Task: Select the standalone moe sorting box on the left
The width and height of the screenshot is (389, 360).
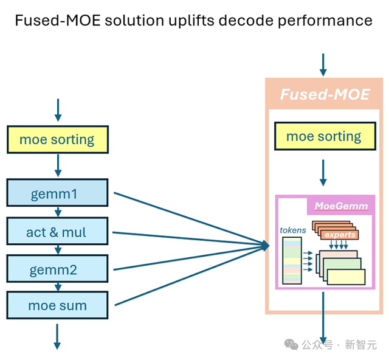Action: [x=57, y=139]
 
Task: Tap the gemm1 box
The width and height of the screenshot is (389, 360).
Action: [x=57, y=193]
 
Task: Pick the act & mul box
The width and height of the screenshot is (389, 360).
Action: [x=57, y=232]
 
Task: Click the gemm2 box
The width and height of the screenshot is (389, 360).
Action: [x=57, y=269]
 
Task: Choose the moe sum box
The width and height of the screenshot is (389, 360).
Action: [x=57, y=306]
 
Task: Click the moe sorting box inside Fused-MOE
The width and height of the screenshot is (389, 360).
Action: [x=323, y=136]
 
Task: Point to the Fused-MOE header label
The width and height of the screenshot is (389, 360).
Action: [x=324, y=94]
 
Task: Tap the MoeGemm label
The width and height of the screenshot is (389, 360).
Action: [x=341, y=206]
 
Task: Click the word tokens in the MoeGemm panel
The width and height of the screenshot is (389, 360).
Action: [x=292, y=230]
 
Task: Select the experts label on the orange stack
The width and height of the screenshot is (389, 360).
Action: [x=339, y=234]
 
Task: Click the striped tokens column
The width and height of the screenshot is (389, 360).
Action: [x=292, y=260]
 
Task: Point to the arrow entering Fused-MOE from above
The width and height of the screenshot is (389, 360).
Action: [x=323, y=64]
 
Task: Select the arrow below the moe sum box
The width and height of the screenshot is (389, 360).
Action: [x=57, y=336]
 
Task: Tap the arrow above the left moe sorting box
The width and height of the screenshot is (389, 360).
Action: [x=57, y=110]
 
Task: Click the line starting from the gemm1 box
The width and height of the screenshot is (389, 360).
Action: [x=182, y=216]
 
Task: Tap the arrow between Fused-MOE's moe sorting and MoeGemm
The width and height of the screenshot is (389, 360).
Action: [x=323, y=173]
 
